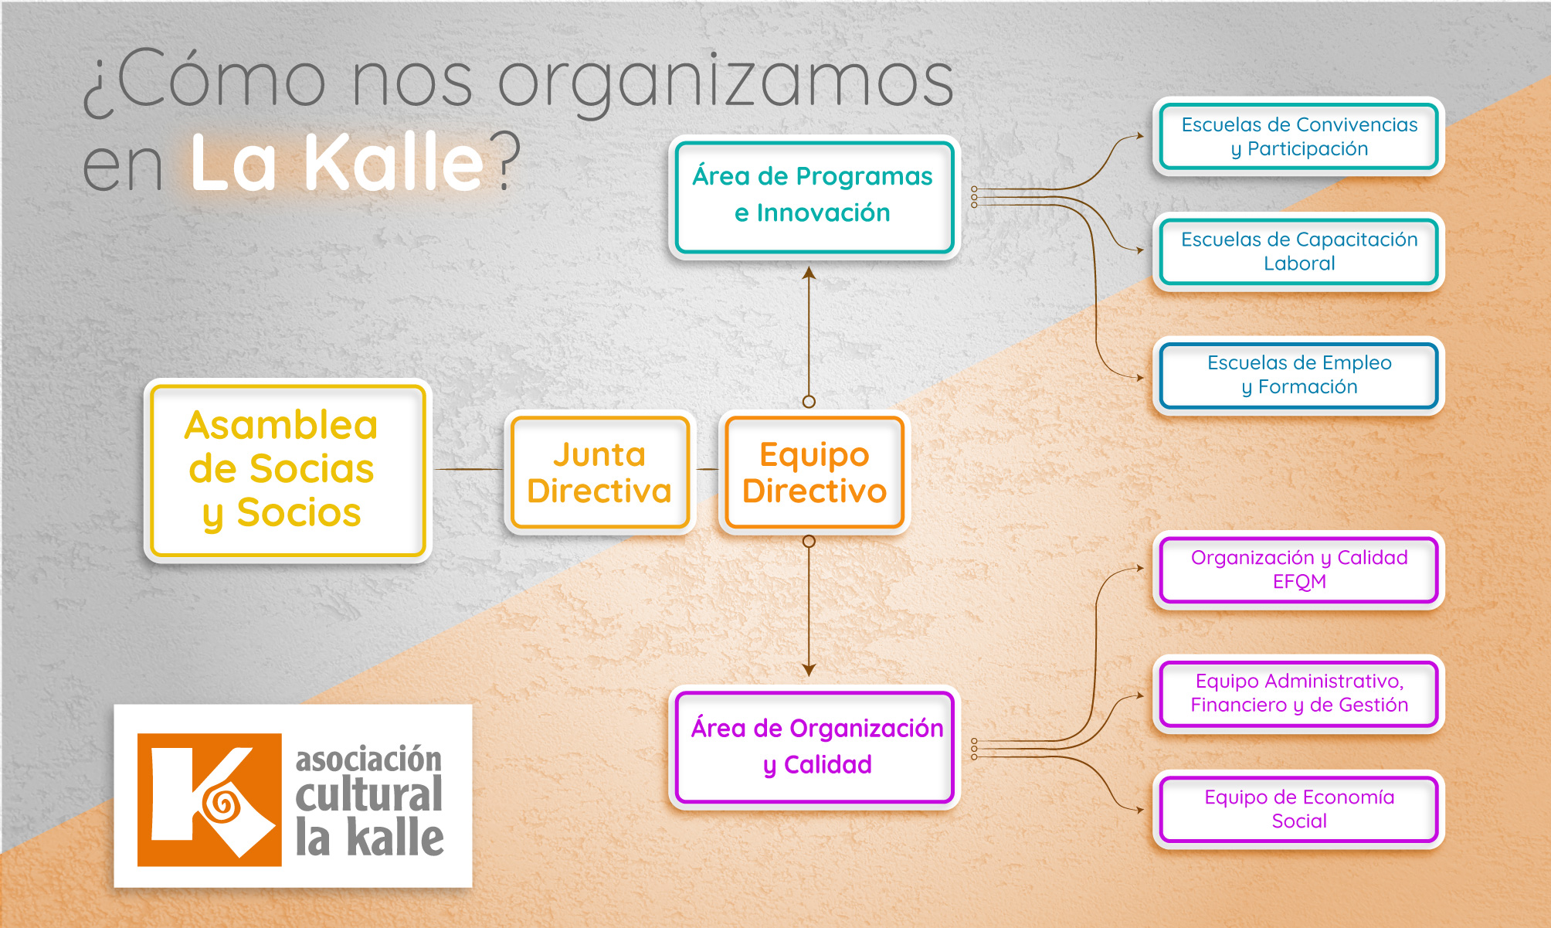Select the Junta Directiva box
tap(599, 472)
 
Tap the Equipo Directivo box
tap(814, 472)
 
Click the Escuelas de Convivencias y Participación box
tap(1298, 136)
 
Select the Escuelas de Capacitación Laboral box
tap(1298, 251)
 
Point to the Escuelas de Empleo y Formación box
tap(1298, 375)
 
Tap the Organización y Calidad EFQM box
tap(1298, 569)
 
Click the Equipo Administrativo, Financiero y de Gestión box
tap(1298, 693)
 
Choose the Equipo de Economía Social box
tap(1298, 809)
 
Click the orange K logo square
tap(209, 800)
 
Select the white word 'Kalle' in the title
tap(394, 162)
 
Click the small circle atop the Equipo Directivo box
tap(809, 402)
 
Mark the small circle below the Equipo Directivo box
tap(809, 542)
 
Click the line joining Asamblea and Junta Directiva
tap(469, 469)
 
